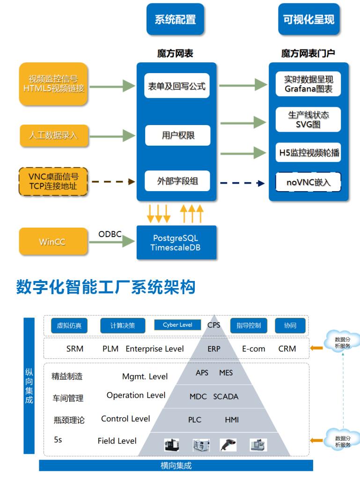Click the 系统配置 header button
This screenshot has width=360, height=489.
coord(175,19)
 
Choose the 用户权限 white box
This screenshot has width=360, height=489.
coord(175,136)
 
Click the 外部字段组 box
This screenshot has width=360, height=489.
coord(175,182)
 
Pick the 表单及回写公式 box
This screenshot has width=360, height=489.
coord(175,87)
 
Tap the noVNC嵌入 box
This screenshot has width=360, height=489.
coord(309,183)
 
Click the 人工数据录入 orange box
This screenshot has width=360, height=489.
coord(53,136)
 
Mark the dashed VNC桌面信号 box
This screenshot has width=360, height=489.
coord(53,182)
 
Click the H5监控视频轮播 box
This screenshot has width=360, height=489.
coord(309,152)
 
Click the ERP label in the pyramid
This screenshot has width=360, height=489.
coord(214,349)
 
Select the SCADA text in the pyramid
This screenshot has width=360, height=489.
coord(226,397)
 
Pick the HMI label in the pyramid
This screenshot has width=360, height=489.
coord(232,420)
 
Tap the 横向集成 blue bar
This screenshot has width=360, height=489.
coord(176,466)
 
